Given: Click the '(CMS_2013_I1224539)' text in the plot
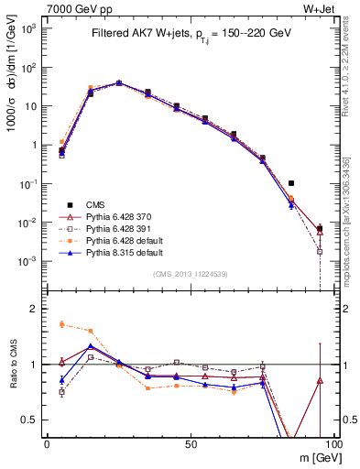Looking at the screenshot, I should pos(190,274).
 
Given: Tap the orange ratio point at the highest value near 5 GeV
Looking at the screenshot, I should pos(61,324).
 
